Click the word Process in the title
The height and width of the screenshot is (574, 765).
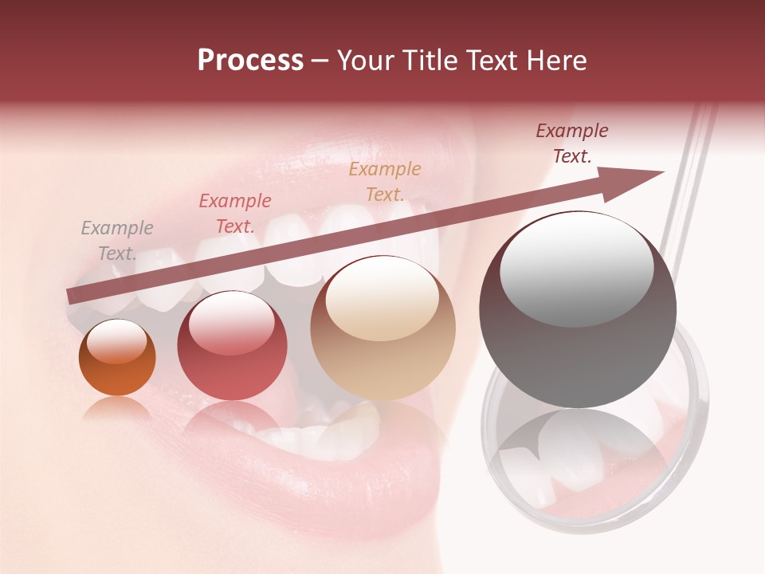[x=250, y=61]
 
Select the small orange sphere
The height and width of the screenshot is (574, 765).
[x=117, y=358]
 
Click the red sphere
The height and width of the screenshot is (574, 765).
[x=232, y=346]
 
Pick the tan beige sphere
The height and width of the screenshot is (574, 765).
[x=382, y=328]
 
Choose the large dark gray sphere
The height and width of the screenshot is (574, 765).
[x=578, y=309]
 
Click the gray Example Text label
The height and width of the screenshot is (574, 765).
[x=117, y=241]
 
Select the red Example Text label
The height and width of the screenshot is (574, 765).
[x=235, y=214]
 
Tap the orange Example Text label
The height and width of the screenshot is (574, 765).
[x=385, y=181]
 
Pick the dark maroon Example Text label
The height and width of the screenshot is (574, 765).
[x=572, y=143]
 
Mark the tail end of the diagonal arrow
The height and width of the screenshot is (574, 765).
[x=70, y=297]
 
